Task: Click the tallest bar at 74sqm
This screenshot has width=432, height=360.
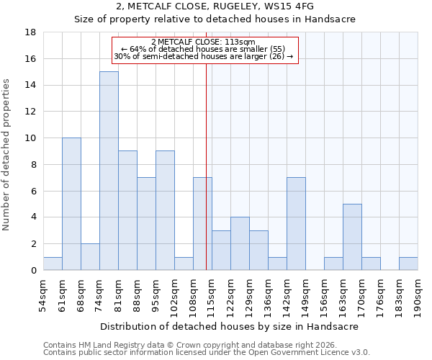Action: click(109, 171)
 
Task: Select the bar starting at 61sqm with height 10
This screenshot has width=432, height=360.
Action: click(71, 204)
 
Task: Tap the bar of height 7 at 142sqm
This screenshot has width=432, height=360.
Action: click(296, 223)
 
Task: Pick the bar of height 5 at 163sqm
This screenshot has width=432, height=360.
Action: click(352, 237)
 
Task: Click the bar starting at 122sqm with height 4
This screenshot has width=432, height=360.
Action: click(240, 243)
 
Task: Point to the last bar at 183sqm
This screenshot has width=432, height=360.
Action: click(408, 264)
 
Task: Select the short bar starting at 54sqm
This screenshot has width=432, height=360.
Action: click(53, 264)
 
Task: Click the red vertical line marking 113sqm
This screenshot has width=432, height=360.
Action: click(207, 166)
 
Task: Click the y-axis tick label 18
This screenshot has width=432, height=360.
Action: click(31, 32)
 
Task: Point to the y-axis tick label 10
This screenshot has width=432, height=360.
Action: click(31, 138)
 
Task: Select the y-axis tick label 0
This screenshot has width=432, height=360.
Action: click(34, 270)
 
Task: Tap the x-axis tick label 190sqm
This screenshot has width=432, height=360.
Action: click(418, 294)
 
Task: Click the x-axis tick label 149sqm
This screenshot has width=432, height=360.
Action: click(305, 294)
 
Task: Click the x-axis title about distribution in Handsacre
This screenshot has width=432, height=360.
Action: click(229, 326)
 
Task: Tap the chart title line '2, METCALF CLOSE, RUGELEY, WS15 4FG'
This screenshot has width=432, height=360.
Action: click(216, 7)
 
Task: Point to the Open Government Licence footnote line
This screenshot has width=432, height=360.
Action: click(207, 353)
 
